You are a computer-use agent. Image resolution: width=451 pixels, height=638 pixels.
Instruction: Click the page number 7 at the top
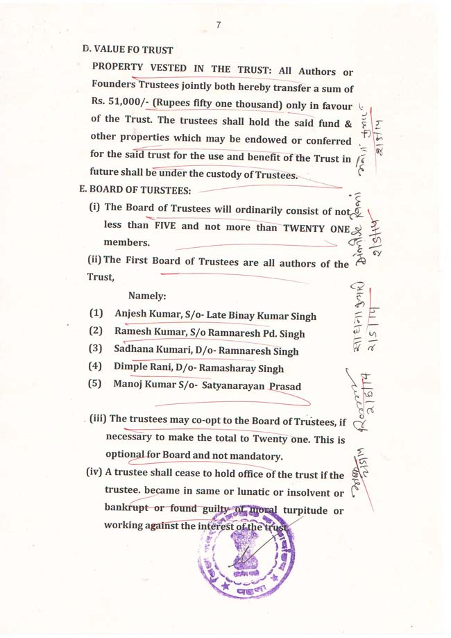(x=219, y=25)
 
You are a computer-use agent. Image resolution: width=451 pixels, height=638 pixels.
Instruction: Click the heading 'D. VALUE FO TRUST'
(x=128, y=50)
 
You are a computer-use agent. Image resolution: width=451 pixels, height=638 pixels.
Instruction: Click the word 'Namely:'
(x=147, y=296)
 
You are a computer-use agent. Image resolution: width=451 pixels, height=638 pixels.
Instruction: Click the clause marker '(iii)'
(x=98, y=419)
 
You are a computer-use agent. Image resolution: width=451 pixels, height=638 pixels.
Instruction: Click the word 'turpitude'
(x=306, y=511)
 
